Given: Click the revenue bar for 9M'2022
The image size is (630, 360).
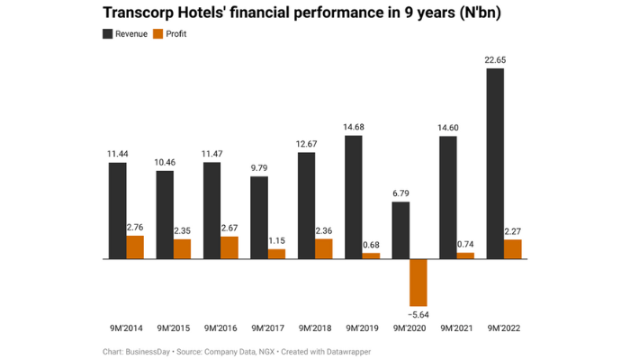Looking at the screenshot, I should point(495,163).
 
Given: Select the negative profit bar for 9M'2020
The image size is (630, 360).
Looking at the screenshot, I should point(418,282).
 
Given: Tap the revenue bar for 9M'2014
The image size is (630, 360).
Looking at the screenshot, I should point(118,211).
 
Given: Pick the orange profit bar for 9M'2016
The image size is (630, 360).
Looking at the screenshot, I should point(229,247).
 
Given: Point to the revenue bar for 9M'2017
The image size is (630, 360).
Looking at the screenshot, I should point(259,217).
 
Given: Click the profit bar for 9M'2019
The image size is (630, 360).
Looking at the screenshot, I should point(371,256).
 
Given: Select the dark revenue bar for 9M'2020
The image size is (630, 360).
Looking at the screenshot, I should point(400,229).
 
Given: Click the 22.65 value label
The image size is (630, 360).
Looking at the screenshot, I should point(495,59).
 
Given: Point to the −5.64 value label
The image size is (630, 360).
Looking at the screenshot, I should point(419,314).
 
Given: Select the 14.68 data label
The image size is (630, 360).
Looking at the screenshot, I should point(354,127).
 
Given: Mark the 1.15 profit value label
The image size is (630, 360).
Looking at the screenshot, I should point(276,240).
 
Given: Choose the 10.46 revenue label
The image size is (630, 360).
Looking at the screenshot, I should point(165,162).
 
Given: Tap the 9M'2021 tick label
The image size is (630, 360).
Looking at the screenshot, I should point(454,328).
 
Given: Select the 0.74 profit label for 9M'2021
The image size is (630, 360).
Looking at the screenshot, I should point(465,244).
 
